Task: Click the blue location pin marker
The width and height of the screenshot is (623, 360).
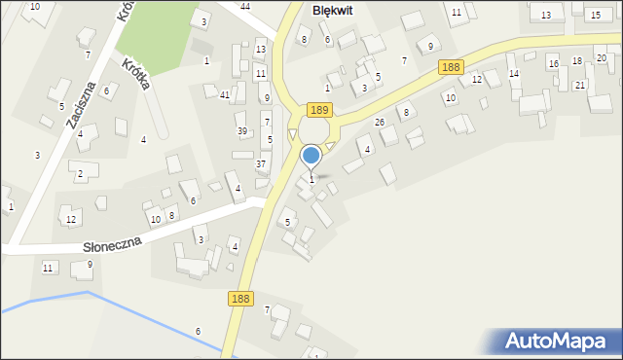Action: tap(311, 156)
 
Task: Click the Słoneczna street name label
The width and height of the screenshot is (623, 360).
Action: tap(112, 244)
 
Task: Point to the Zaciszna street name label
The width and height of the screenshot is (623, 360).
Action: tap(81, 104)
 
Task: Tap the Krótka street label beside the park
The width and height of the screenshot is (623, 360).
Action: tap(136, 73)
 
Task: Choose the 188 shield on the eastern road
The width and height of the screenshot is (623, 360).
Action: tap(450, 66)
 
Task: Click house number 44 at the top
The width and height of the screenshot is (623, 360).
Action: tap(245, 7)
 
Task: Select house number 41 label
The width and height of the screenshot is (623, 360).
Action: tap(225, 94)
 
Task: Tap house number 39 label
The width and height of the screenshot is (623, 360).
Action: tap(242, 130)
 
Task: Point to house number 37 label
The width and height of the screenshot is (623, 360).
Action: tap(261, 163)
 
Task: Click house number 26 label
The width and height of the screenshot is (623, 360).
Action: tap(380, 122)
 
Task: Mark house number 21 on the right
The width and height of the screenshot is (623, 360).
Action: tap(580, 85)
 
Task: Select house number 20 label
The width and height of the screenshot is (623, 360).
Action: tap(601, 58)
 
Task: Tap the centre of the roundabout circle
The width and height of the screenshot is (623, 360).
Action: tap(313, 129)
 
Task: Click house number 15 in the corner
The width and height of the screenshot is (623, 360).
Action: tap(595, 15)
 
